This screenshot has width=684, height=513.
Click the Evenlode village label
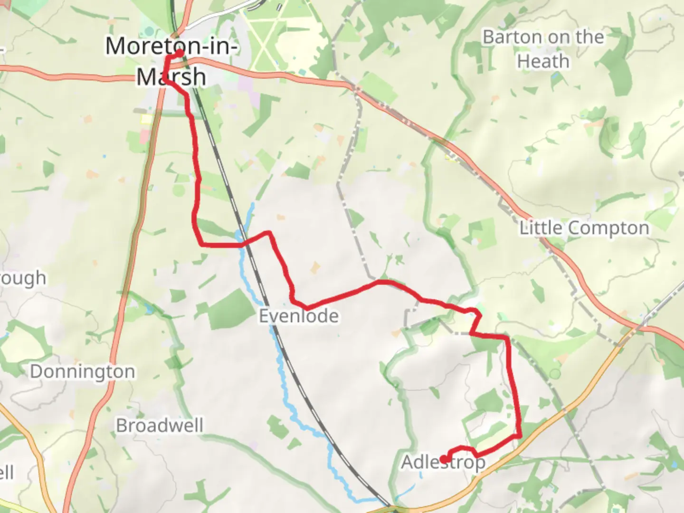(299, 316)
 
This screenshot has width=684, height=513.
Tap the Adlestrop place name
(443, 462)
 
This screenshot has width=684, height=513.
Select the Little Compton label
(584, 228)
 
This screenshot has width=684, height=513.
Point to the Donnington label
(83, 371)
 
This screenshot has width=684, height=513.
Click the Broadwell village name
(160, 426)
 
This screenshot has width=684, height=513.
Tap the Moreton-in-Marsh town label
(171, 62)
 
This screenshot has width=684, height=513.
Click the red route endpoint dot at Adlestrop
(444, 459)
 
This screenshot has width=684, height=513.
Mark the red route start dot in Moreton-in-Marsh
(180, 53)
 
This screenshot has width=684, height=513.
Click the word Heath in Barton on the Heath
(543, 62)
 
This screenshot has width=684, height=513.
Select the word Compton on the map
(609, 228)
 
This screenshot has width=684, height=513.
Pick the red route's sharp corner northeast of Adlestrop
(520, 435)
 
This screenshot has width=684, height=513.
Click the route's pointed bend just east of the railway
(269, 233)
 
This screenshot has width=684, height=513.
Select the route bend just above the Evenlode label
(295, 303)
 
